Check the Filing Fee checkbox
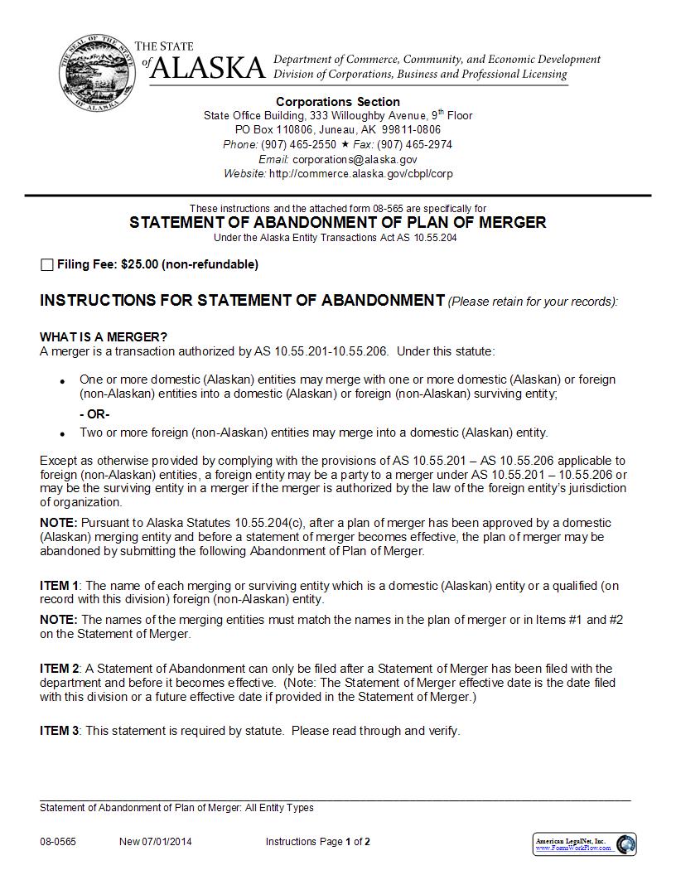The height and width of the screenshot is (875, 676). click(x=46, y=265)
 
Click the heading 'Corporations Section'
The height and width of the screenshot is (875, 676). click(x=338, y=102)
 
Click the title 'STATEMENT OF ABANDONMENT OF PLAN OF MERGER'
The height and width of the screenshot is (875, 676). click(x=338, y=222)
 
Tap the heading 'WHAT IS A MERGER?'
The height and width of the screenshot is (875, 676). click(x=104, y=336)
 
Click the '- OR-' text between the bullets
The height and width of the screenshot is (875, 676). click(x=94, y=414)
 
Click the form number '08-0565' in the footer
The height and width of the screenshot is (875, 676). click(x=57, y=842)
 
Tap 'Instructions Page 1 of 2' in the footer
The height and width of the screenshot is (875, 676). click(x=318, y=842)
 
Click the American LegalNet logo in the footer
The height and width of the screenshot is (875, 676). click(x=585, y=844)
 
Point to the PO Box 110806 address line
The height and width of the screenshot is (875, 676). click(x=338, y=130)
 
